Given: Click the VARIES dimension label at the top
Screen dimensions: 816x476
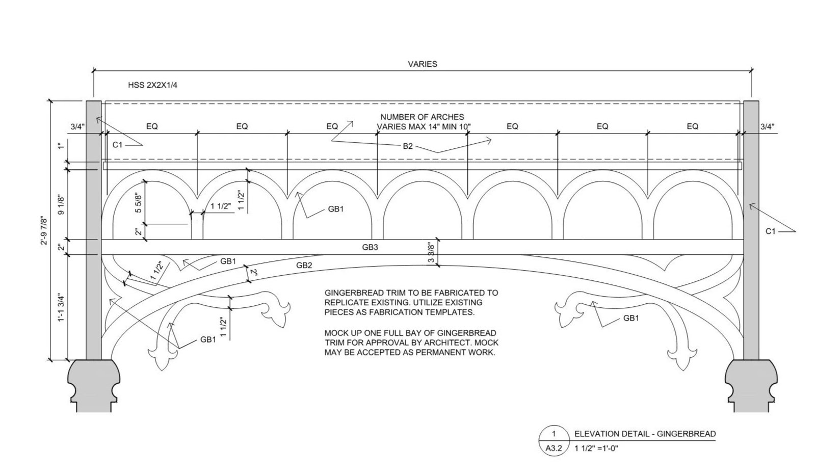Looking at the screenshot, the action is [423, 64].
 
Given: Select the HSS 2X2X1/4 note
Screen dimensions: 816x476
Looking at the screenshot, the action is [153, 85].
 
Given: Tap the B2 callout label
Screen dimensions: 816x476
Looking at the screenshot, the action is [408, 146].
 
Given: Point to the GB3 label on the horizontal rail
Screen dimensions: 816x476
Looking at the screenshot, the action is [370, 247].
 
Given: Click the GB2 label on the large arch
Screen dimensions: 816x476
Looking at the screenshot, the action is [304, 265].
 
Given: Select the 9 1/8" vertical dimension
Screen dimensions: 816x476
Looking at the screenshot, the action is [61, 205].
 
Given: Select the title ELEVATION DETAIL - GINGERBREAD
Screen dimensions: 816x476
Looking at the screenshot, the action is [645, 434].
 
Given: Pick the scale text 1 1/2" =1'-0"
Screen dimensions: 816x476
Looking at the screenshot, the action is [596, 448].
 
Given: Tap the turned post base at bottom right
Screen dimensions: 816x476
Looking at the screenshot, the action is [751, 385].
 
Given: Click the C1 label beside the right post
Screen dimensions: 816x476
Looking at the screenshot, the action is [771, 231].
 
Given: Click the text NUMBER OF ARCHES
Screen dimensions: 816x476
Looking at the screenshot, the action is [422, 117].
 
